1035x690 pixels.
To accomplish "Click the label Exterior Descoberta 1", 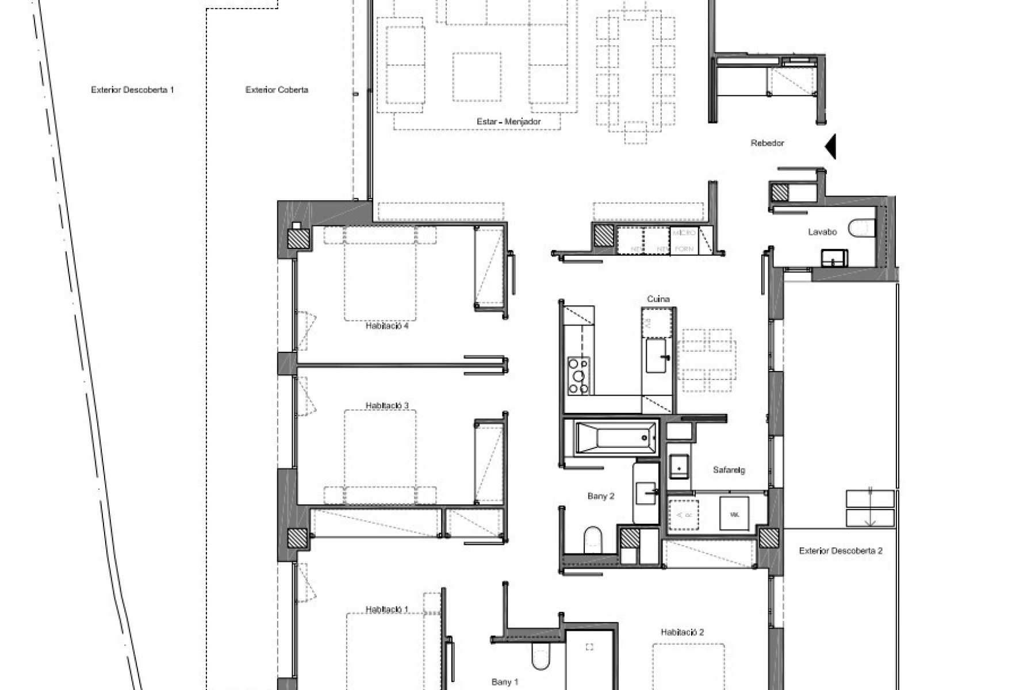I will tap(132, 90).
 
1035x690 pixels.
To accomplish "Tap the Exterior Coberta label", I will tap(277, 90).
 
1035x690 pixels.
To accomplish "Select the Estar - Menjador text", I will tap(509, 122).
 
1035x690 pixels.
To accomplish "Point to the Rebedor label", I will tap(767, 143).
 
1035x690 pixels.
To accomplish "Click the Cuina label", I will tap(658, 299).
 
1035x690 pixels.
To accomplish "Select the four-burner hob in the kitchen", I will tap(578, 375).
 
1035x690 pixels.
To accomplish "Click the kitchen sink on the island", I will tap(656, 355).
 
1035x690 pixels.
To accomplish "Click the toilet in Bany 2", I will tap(592, 540).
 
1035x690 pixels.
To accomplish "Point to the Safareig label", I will tap(729, 470).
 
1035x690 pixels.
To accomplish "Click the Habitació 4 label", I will tap(387, 326).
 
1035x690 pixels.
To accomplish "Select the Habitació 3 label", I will tap(387, 406).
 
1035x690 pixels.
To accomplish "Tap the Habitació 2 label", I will tap(682, 632).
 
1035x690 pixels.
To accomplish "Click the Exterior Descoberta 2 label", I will tap(840, 551).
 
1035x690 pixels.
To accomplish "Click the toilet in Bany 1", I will tap(542, 657).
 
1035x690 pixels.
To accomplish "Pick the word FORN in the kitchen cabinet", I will tap(684, 249).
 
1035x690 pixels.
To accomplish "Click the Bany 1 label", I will tap(505, 683).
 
